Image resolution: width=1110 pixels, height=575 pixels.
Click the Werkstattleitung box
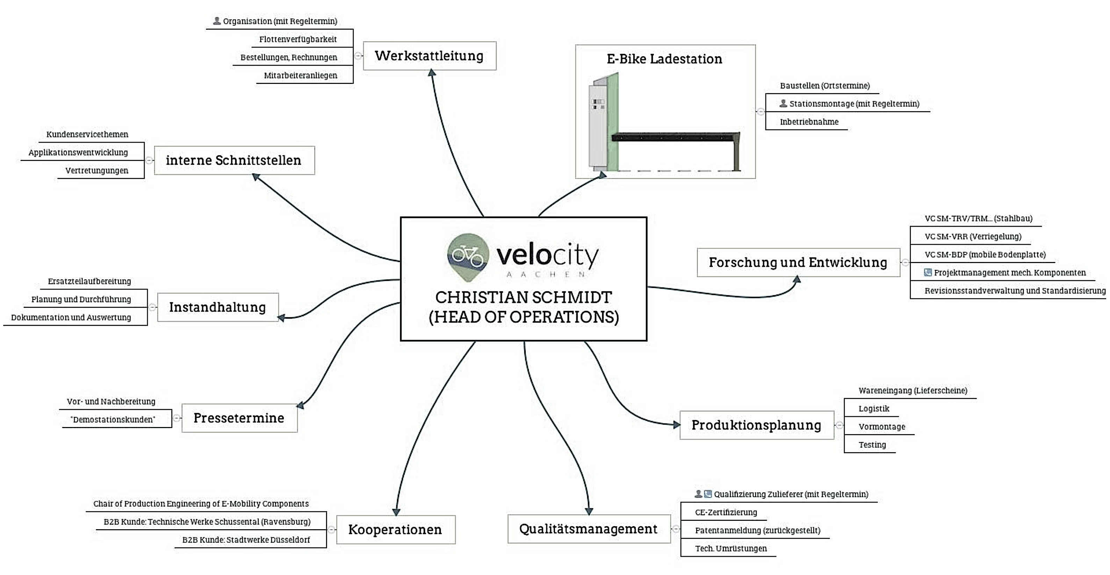pos(429,56)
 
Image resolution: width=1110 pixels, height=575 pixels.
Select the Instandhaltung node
pos(218,307)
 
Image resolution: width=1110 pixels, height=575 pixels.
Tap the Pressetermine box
pos(239,418)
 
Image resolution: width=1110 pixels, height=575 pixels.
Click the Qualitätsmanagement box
pos(589,529)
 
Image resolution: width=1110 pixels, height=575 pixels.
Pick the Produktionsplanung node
pos(756,425)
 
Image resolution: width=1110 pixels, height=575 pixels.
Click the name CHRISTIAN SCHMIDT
pos(524,297)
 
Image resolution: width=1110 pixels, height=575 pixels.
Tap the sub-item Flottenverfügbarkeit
pos(298,39)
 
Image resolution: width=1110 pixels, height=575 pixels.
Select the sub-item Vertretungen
pos(97,170)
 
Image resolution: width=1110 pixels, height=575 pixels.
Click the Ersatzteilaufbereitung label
pos(89,281)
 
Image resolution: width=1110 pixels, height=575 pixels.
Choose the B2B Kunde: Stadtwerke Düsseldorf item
pos(246,540)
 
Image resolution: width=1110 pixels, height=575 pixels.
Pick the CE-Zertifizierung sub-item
pos(726,512)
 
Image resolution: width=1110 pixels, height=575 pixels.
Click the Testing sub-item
pos(872,445)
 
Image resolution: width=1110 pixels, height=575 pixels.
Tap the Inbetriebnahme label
pos(809,122)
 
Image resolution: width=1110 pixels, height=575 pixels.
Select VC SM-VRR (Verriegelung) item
pos(973,236)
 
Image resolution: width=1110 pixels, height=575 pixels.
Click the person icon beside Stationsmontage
pos(783,104)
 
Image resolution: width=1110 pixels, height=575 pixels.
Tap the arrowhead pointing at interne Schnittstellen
pos(256,177)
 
